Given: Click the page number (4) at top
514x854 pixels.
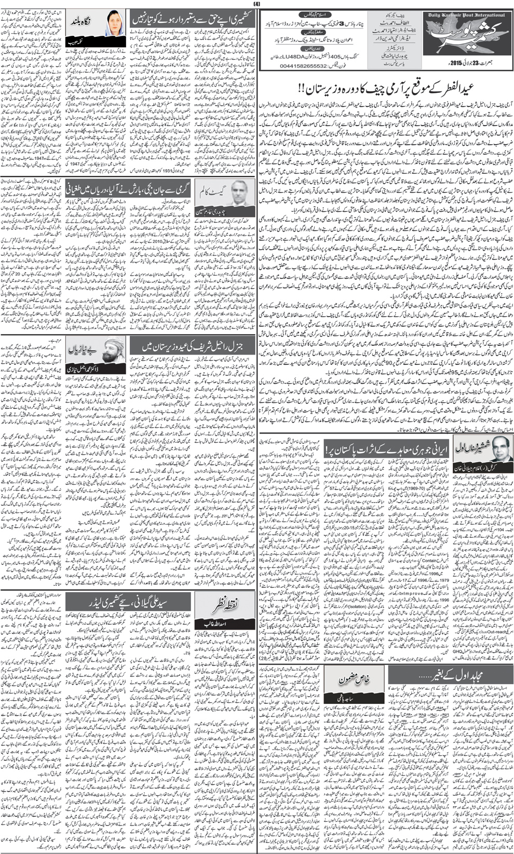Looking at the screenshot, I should [256, 5].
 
